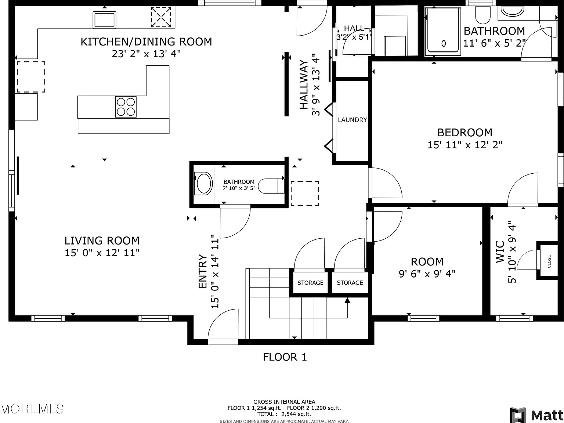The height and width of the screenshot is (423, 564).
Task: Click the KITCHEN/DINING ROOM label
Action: [x=146, y=41]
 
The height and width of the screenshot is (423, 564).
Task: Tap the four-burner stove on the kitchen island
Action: [x=126, y=107]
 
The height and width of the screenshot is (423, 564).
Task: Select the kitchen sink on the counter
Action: [x=104, y=20]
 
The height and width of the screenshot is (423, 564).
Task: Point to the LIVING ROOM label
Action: [x=102, y=241]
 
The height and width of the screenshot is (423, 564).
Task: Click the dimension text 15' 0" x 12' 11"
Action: [x=102, y=253]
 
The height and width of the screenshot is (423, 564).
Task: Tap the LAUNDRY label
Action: [x=352, y=120]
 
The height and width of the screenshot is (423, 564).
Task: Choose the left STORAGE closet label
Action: [x=310, y=283]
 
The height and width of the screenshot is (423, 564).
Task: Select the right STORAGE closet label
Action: [x=350, y=283]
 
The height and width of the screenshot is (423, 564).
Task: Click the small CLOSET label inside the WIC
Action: [x=549, y=260]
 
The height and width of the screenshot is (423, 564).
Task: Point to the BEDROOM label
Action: [x=465, y=133]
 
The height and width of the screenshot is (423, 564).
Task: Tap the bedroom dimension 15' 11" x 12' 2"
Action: [x=465, y=145]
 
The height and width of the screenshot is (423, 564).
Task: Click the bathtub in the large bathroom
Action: [x=443, y=32]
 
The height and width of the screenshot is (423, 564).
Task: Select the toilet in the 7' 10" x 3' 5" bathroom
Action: [x=271, y=186]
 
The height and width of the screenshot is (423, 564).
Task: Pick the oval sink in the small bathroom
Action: [x=203, y=184]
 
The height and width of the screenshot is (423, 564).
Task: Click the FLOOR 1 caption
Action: [x=285, y=357]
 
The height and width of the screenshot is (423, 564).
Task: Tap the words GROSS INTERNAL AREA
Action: [x=284, y=402]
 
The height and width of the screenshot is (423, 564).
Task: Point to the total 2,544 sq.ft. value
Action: [x=296, y=414]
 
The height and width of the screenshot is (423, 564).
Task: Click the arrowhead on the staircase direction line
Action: [x=347, y=300]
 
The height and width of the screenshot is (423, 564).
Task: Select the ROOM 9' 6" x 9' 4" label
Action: [x=427, y=268]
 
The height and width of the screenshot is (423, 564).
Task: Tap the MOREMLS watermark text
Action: [x=32, y=409]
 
